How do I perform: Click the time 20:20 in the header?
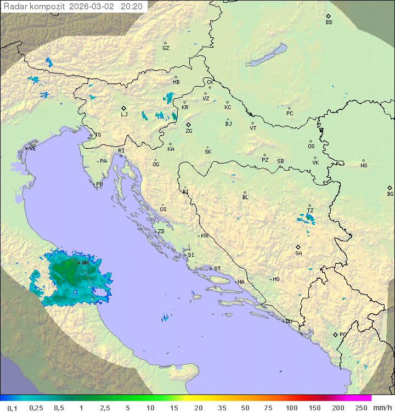pos(131,7)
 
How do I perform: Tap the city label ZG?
pos(189,131)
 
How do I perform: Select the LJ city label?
pos(124,115)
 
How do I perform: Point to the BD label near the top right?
pos(329,22)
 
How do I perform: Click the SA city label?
pos(298,253)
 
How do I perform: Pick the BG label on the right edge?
pos(390,194)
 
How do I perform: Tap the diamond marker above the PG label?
pos(335,334)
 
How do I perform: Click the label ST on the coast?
pos(217,269)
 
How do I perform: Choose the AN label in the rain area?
pos(85,263)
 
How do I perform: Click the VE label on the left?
pos(32,149)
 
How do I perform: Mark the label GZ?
pos(166,48)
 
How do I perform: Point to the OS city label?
pos(311,146)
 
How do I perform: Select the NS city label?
pos(364,166)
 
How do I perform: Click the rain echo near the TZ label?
pos(309,218)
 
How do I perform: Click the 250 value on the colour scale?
pos(360,408)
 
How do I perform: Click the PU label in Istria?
pos(99,184)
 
